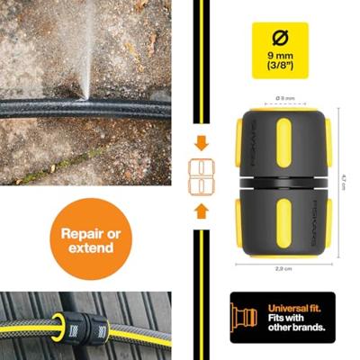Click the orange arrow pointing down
point(202,142)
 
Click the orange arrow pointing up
point(202,211)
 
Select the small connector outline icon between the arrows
point(202,176)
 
